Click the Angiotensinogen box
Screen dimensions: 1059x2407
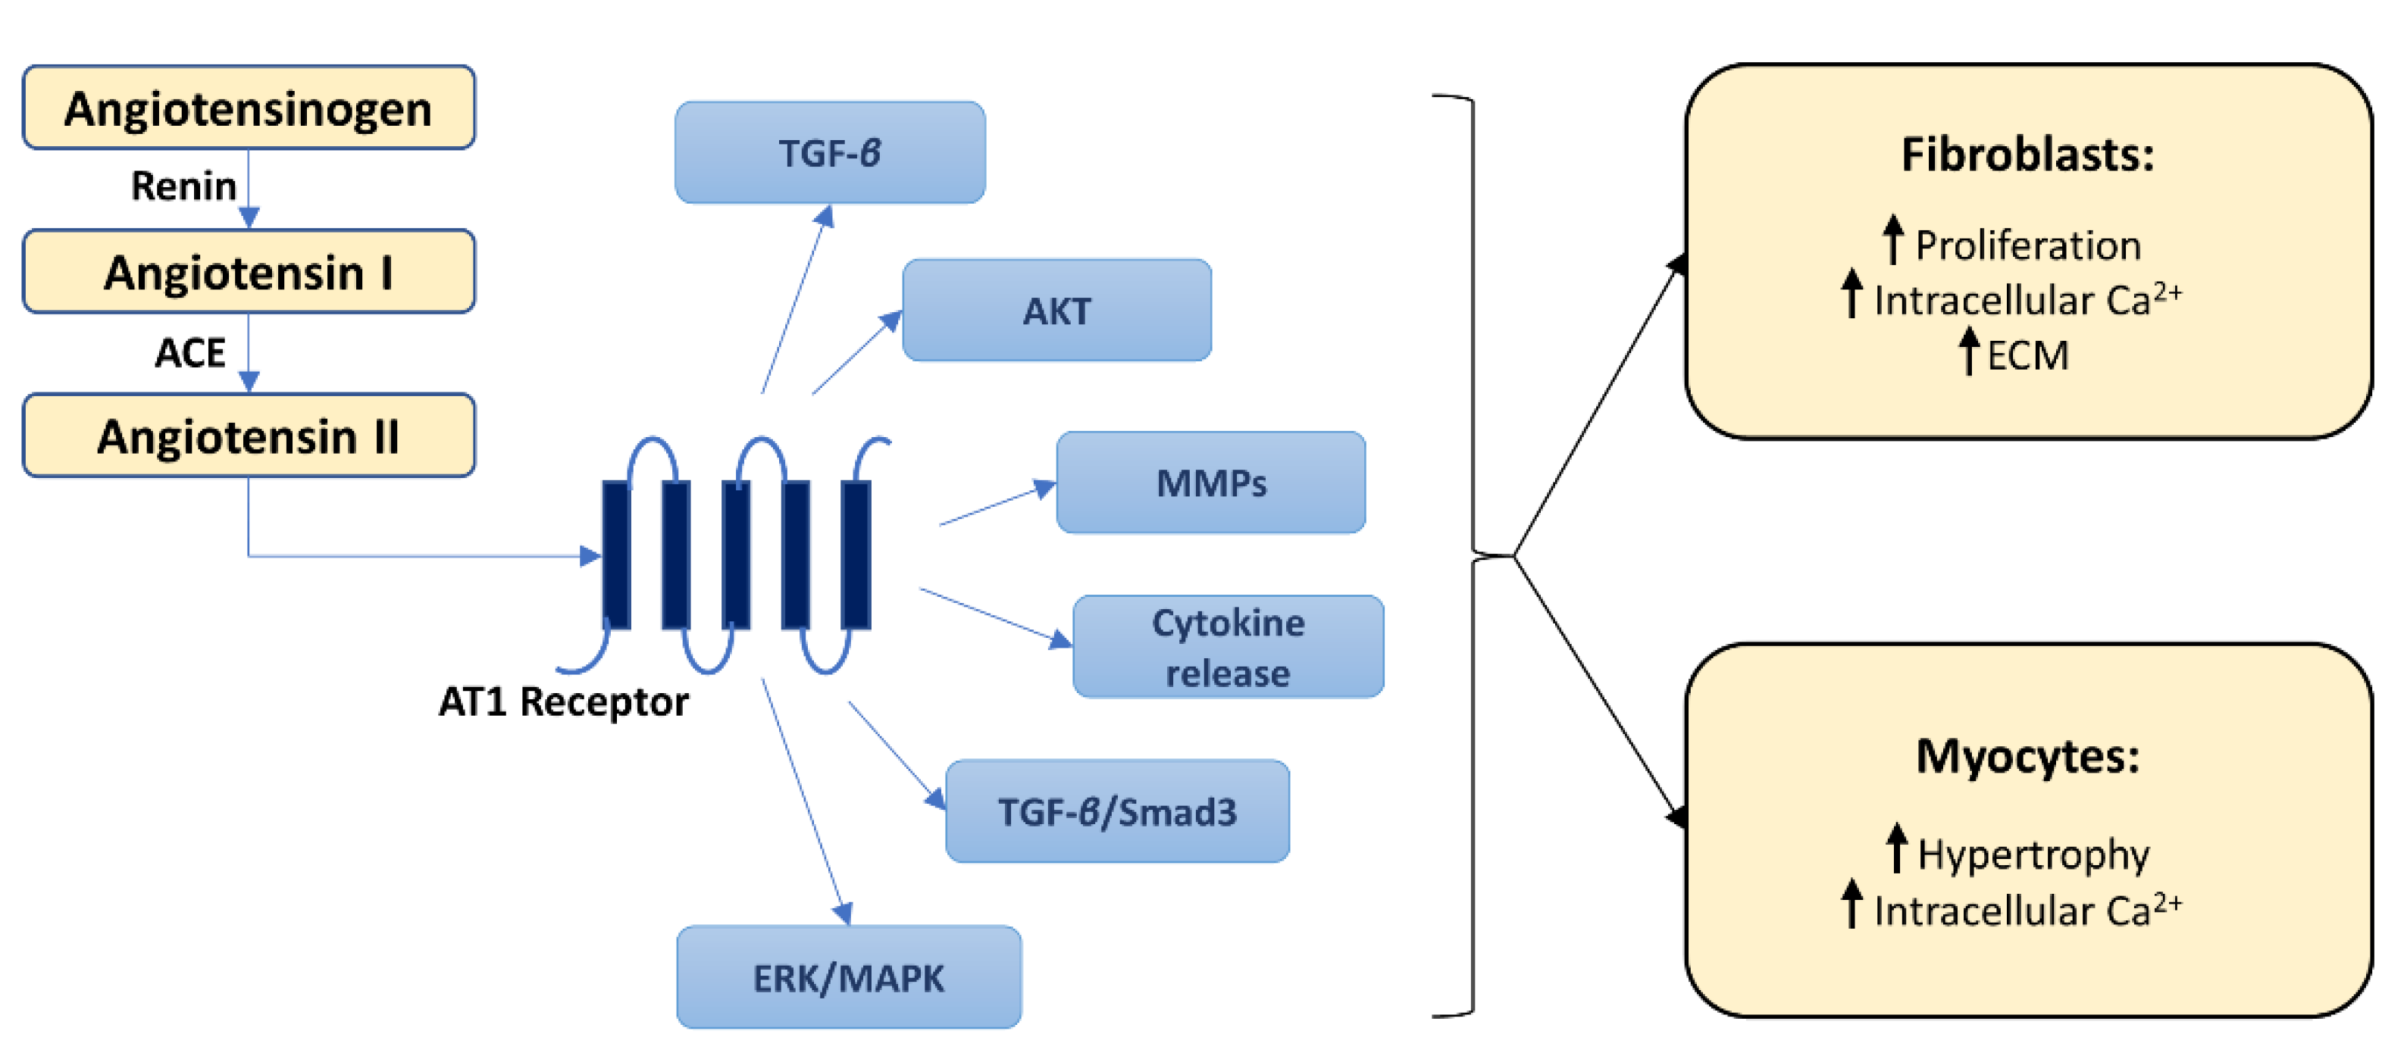click(249, 108)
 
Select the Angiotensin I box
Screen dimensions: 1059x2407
click(249, 272)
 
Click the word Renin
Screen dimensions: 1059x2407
click(183, 186)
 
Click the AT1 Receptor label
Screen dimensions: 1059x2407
click(563, 701)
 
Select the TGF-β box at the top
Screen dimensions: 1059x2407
click(830, 152)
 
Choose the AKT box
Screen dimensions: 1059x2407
click(1056, 310)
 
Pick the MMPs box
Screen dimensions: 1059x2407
click(1211, 483)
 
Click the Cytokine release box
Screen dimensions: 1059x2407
click(1228, 647)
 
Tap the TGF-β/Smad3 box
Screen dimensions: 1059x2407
click(1118, 811)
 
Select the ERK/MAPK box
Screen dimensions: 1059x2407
click(848, 978)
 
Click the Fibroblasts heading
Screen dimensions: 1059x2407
click(2027, 154)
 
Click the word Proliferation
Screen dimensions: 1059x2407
click(2027, 245)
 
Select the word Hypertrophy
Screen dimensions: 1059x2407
click(2033, 854)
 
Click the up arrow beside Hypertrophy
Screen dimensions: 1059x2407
click(1896, 847)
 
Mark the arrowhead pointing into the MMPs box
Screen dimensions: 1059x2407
click(1044, 489)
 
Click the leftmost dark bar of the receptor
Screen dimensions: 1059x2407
click(615, 554)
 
